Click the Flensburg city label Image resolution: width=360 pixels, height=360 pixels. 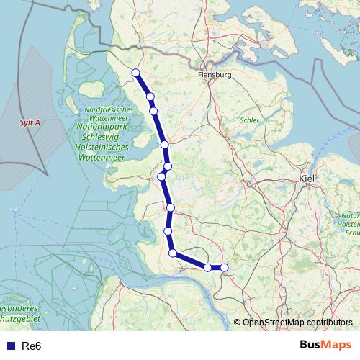[214, 74]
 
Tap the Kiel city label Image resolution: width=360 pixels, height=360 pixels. [307, 177]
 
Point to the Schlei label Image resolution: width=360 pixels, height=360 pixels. [248, 121]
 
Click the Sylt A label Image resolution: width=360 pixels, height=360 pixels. [30, 123]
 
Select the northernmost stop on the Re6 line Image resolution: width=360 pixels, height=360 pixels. [135, 72]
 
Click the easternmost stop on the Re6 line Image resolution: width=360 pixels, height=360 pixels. [224, 268]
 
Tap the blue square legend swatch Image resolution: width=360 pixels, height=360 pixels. [11, 346]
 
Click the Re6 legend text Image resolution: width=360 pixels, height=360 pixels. [32, 346]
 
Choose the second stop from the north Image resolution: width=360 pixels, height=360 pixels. [150, 96]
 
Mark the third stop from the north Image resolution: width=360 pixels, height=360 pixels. [153, 111]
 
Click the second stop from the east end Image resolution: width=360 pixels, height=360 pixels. [207, 268]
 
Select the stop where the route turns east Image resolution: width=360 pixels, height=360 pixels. [173, 253]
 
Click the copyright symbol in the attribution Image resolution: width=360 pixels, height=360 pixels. [237, 323]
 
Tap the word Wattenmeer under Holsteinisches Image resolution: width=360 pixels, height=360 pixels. [105, 155]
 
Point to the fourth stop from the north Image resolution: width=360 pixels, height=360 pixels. [165, 145]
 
